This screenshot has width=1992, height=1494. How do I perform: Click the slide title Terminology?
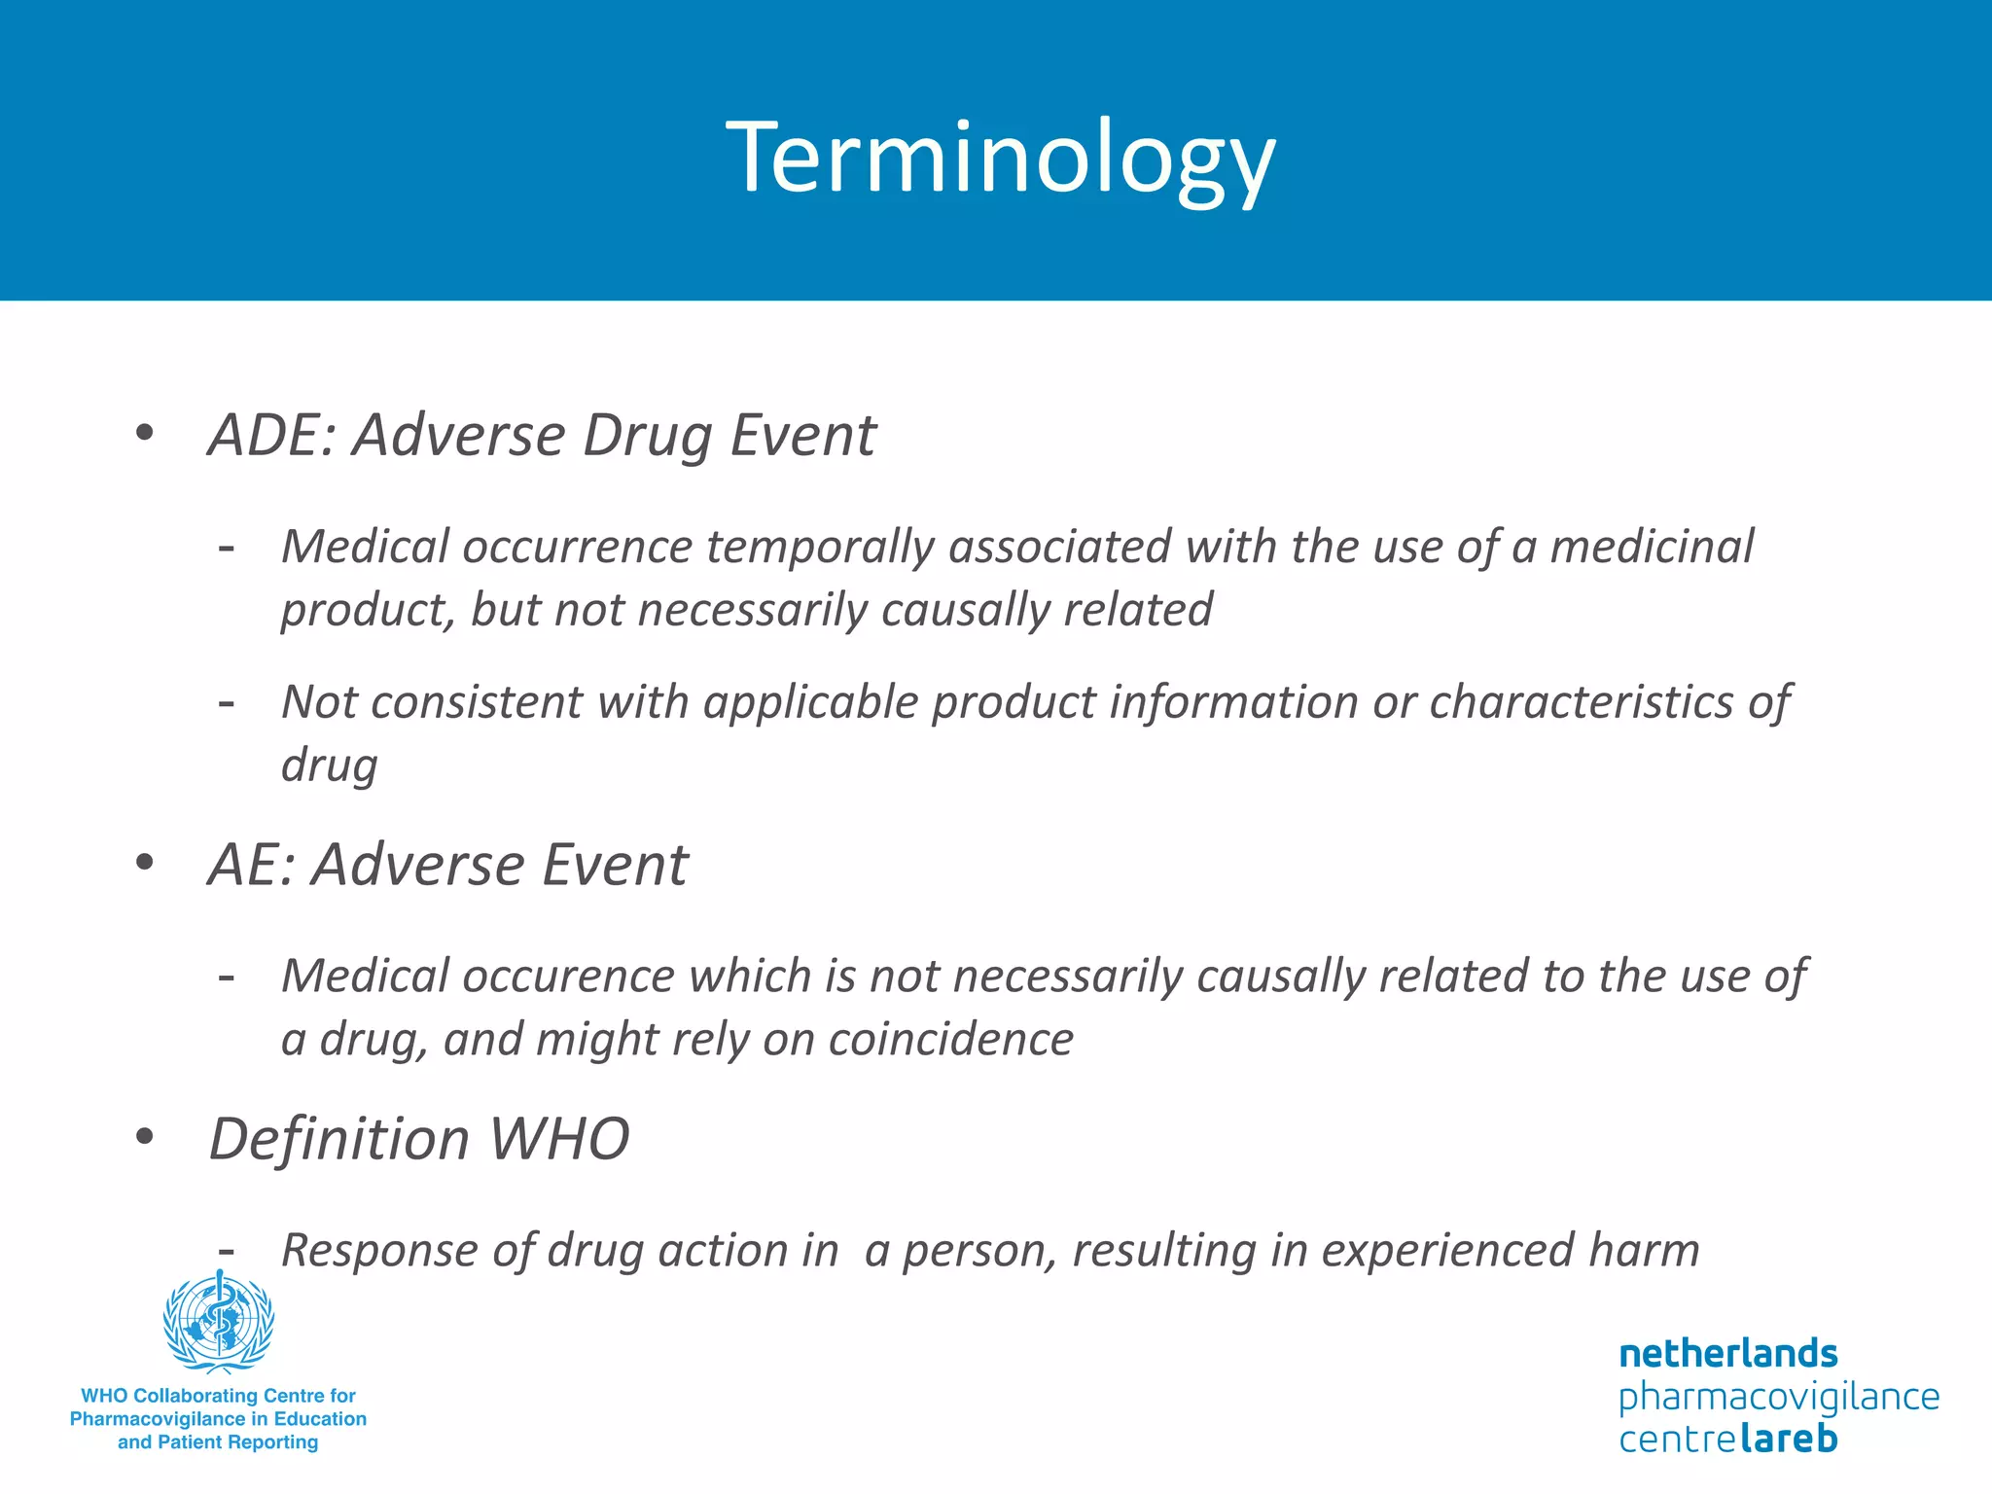point(1000,159)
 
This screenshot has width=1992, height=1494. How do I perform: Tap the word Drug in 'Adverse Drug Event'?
point(647,435)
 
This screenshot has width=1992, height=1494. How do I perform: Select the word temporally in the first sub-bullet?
point(819,546)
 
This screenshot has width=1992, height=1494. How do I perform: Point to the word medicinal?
point(1651,546)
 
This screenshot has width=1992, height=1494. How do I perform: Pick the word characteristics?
point(1581,701)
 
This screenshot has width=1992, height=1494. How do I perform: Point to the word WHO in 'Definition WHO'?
point(559,1138)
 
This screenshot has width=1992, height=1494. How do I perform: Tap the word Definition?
point(339,1138)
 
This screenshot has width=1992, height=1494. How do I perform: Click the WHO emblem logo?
point(219,1321)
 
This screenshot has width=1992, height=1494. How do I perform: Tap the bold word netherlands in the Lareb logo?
point(1727,1353)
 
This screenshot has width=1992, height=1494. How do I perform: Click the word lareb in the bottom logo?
point(1788,1439)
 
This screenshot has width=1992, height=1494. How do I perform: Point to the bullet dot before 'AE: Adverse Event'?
point(145,862)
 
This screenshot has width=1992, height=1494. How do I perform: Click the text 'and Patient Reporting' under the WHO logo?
point(218,1442)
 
